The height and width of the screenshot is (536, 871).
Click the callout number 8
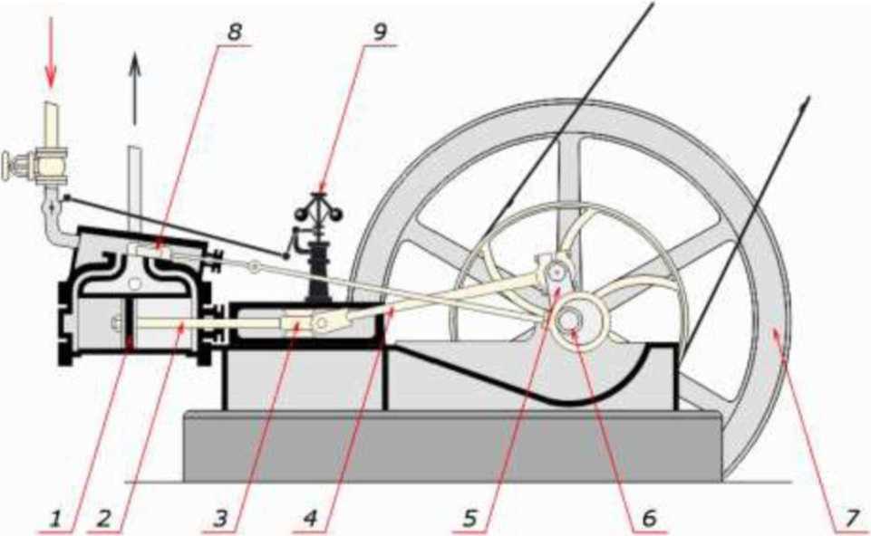234,30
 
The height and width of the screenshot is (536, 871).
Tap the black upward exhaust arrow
135,86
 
